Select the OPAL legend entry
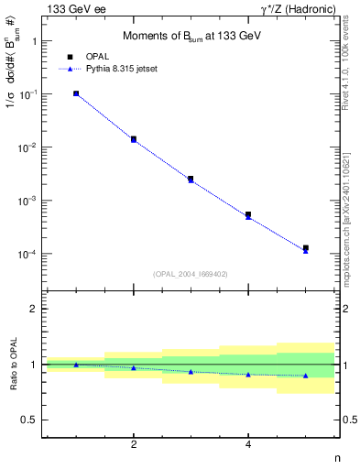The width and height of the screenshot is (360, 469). tap(98, 57)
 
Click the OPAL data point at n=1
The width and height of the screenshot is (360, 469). tap(76, 93)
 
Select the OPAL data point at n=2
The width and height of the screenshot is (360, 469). tap(134, 139)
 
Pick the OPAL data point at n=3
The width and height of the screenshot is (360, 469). tap(191, 179)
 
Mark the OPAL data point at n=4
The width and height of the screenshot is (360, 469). tap(248, 214)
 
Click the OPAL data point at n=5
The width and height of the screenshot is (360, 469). tap(306, 247)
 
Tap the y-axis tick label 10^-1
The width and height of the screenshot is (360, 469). tap(29, 94)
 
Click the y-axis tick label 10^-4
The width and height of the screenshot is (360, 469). tap(29, 254)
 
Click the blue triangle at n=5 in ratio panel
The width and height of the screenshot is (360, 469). tap(306, 376)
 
